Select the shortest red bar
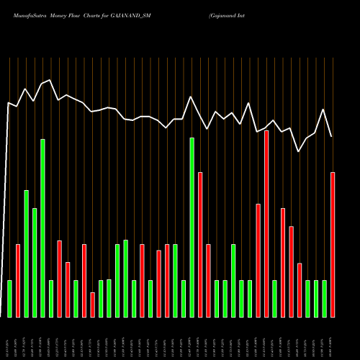click(93, 305)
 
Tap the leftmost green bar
click(10, 298)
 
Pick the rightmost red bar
click(333, 244)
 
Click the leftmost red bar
click(18, 280)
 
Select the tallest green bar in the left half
click(43, 228)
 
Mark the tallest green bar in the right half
click(192, 227)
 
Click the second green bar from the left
click(27, 253)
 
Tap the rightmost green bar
click(325, 298)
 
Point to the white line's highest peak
click(49, 80)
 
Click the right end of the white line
click(332, 137)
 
